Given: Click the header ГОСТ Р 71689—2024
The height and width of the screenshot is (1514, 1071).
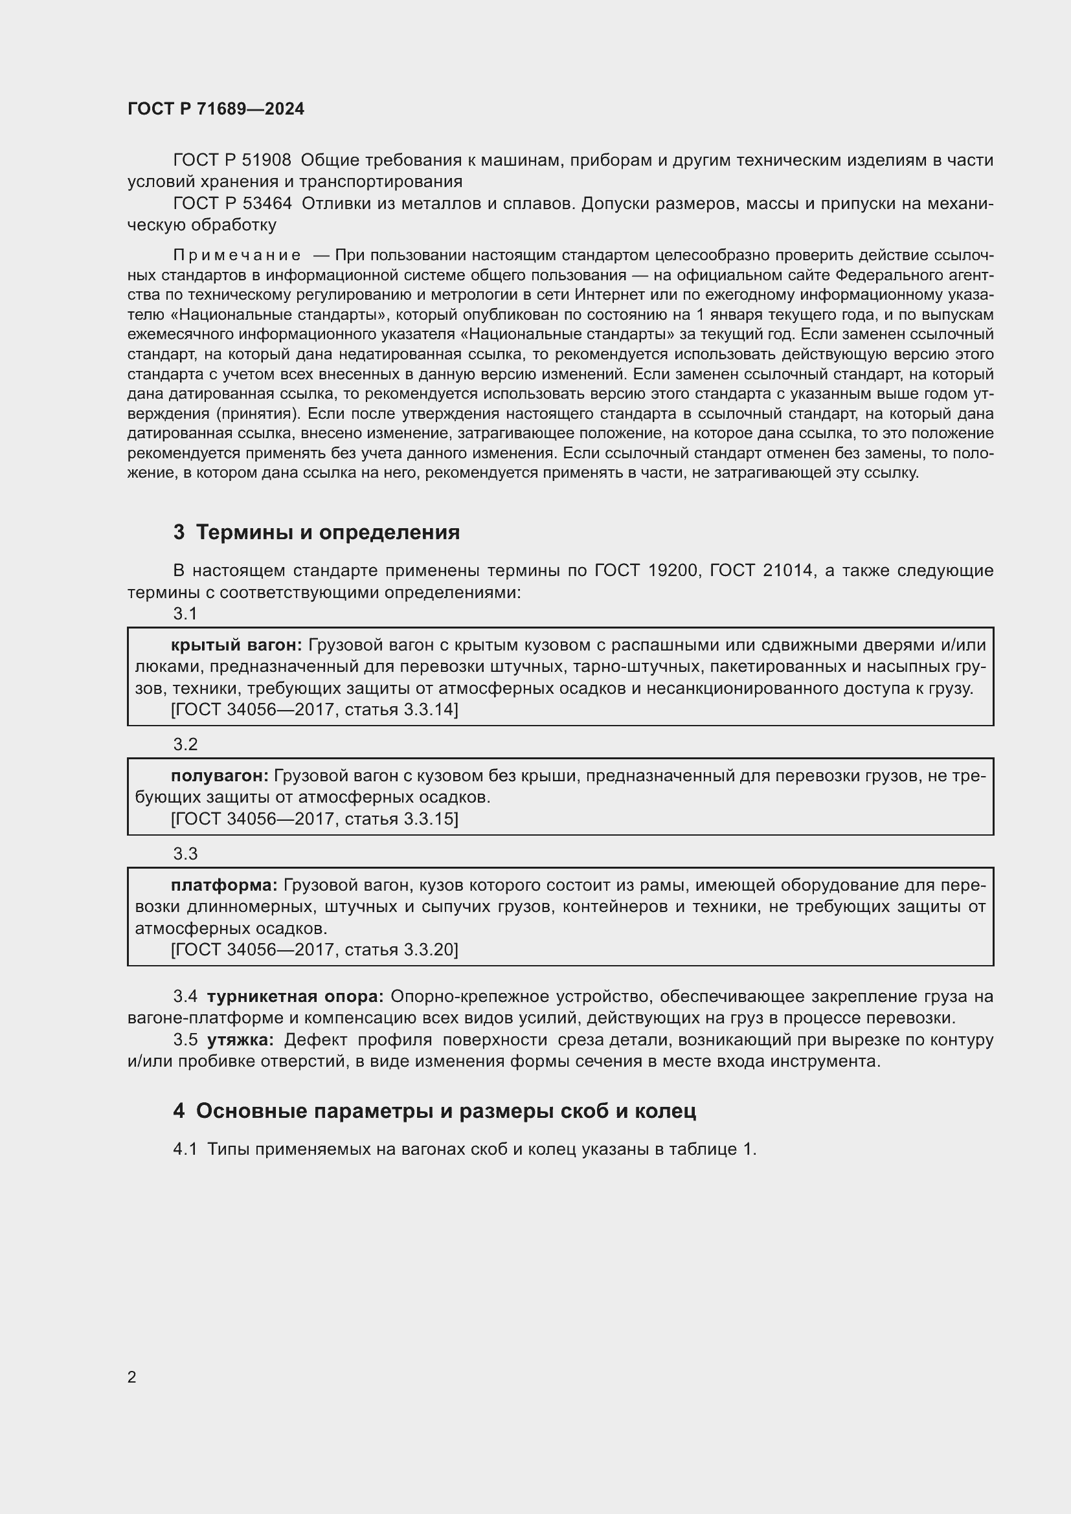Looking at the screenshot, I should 216,109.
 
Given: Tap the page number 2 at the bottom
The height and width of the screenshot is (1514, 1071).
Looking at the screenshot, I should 132,1377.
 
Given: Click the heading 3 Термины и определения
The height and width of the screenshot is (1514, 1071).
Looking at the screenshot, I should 317,532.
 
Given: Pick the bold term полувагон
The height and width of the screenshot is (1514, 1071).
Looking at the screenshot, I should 220,775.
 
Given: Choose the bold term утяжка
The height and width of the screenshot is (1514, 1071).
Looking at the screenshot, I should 240,1040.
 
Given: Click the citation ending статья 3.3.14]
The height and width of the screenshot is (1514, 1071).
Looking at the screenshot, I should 315,709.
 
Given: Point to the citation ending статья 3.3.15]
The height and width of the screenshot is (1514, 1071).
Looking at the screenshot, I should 315,819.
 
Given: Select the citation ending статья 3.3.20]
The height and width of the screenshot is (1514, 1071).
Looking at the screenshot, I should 315,950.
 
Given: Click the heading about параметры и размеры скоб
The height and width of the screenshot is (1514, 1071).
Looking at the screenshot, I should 435,1111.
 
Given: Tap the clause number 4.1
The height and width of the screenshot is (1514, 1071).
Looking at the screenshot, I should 185,1150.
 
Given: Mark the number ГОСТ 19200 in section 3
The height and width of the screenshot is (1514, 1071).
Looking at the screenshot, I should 646,570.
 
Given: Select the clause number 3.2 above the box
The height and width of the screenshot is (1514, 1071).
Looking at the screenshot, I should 185,744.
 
